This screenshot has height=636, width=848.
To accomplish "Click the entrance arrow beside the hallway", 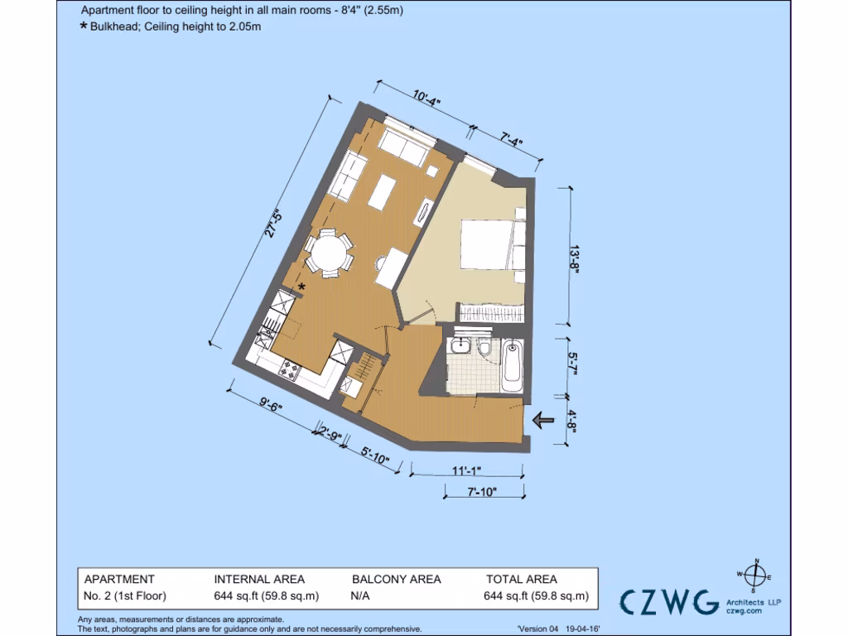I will pos(543,421).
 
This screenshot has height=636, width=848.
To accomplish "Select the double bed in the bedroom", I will pos(488,244).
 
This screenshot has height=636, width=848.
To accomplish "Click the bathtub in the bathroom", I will pos(513,368).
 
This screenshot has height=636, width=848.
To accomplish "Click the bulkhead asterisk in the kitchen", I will pos(301,287).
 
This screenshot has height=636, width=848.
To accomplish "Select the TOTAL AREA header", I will pos(521,580).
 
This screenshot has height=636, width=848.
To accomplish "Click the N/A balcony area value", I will pos(361,595).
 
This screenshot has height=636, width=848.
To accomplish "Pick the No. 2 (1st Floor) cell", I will pos(124,595).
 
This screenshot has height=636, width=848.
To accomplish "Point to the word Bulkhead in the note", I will pos(115,26).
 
